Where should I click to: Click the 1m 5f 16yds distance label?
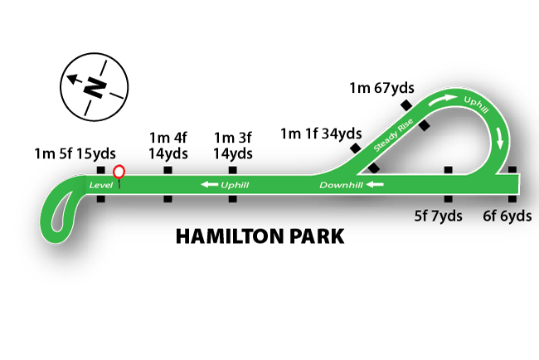coord(74,153)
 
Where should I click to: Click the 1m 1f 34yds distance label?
coord(321,133)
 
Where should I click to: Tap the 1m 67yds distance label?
coord(381,88)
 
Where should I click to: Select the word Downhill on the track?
coord(341,184)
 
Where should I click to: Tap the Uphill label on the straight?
coord(236,184)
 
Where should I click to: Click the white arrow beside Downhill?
coord(376,184)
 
